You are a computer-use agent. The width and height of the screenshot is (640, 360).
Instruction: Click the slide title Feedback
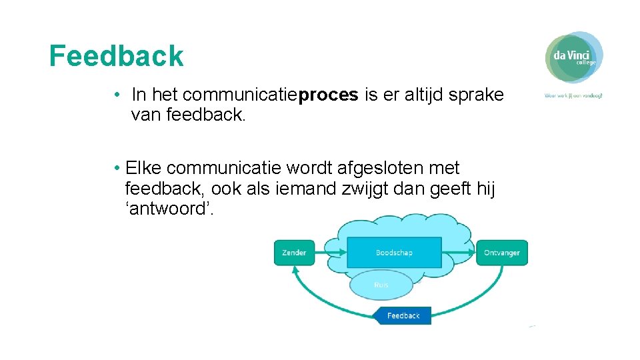point(117,57)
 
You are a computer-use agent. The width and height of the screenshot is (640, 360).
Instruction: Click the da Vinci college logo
point(574,57)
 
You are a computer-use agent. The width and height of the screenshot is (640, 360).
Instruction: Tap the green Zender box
point(294,253)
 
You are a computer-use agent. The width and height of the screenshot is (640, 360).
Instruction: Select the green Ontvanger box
point(501,253)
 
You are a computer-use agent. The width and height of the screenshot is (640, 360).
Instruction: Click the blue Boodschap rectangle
point(394,253)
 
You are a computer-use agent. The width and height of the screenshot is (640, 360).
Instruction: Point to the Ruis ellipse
point(381,285)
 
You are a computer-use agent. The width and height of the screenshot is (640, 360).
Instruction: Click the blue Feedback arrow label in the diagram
point(402,315)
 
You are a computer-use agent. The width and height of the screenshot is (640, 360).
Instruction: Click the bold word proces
point(329,95)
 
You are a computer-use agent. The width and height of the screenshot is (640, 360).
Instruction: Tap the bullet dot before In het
point(117,95)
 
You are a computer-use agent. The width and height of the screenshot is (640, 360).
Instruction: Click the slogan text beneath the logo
point(573,95)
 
